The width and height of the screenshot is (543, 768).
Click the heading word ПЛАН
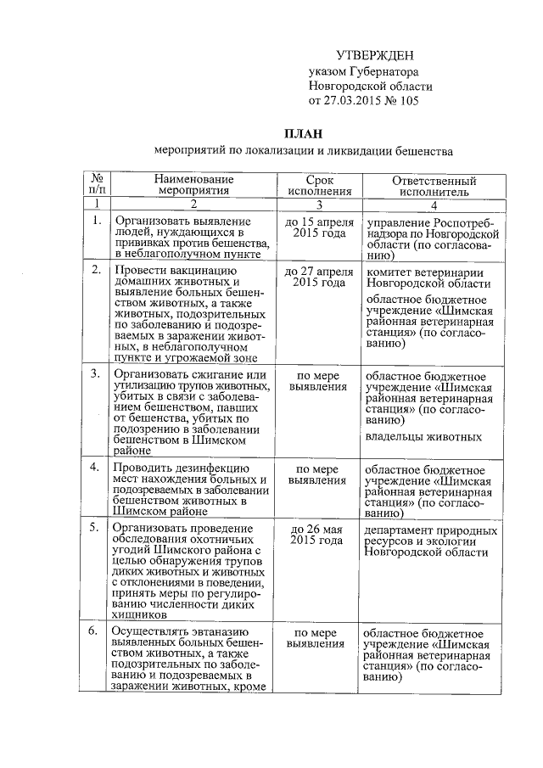click(303, 132)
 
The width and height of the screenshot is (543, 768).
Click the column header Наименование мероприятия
click(193, 186)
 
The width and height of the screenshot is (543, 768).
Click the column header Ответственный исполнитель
click(434, 186)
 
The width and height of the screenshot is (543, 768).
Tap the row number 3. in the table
click(97, 375)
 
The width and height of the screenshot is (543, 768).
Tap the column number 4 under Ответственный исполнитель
click(434, 205)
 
